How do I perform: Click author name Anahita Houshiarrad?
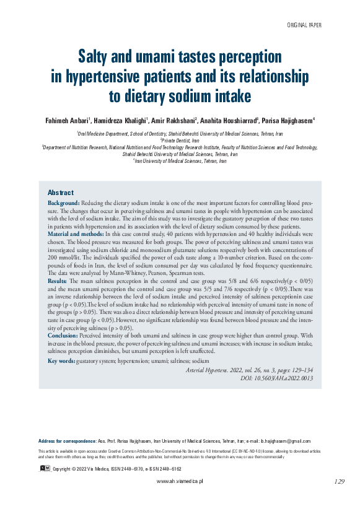click(x=224, y=120)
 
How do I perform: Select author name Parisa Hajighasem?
click(x=279, y=120)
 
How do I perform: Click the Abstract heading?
click(x=61, y=193)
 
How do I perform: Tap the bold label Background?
click(x=64, y=203)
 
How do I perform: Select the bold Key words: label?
click(x=61, y=360)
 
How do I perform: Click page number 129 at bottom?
click(x=339, y=481)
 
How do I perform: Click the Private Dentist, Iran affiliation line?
click(x=180, y=141)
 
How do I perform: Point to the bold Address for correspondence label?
click(x=67, y=440)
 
